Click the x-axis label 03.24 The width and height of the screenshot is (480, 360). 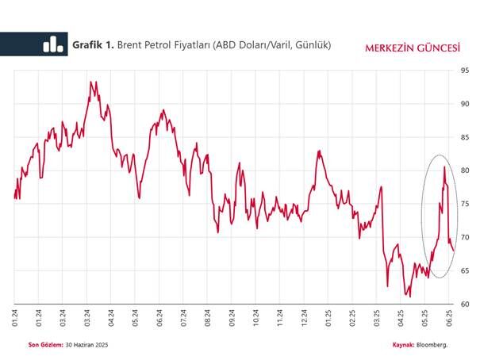[x=63, y=319]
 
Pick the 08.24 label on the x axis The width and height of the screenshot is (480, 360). [x=208, y=319]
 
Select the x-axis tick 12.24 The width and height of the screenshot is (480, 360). [x=305, y=319]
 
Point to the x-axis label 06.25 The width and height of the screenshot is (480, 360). [x=450, y=319]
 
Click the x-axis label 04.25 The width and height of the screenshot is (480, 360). [x=401, y=319]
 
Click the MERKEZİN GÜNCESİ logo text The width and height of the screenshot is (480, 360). [x=412, y=47]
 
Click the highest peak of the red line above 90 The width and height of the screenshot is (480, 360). [x=91, y=81]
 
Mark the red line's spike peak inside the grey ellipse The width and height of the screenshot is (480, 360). [x=444, y=167]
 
